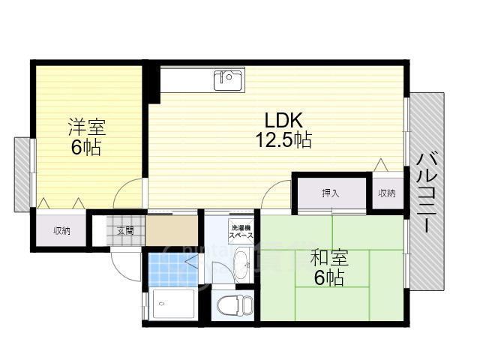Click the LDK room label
point(283,120)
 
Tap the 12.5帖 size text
point(283,140)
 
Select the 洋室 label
point(87,127)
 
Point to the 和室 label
point(329,258)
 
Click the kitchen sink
point(228,80)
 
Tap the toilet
point(235,304)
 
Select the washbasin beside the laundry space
point(241,265)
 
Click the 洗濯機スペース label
point(241,232)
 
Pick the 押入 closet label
point(331,193)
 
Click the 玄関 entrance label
point(125,230)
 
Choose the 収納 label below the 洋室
point(61,230)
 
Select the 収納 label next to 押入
point(387,193)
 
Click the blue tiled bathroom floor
point(173,269)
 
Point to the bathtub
point(173,304)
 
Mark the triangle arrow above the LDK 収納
point(381,165)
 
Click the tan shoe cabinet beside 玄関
point(172,230)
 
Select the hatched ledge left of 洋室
point(22,175)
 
